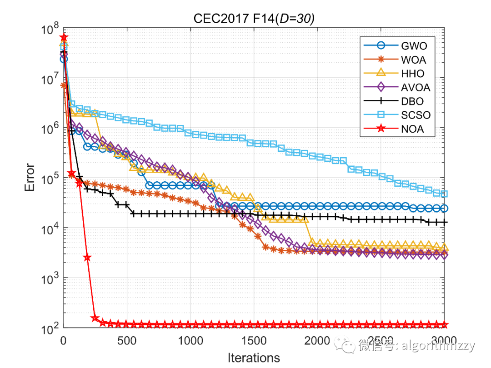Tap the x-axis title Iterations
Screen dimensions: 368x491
[x=254, y=358]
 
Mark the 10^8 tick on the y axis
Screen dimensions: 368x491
[x=50, y=31]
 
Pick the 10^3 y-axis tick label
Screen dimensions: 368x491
[x=50, y=278]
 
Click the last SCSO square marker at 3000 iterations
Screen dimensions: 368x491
[x=444, y=194]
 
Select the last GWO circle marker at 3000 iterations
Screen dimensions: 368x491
[x=444, y=208]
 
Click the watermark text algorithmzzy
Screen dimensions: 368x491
[x=436, y=346]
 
